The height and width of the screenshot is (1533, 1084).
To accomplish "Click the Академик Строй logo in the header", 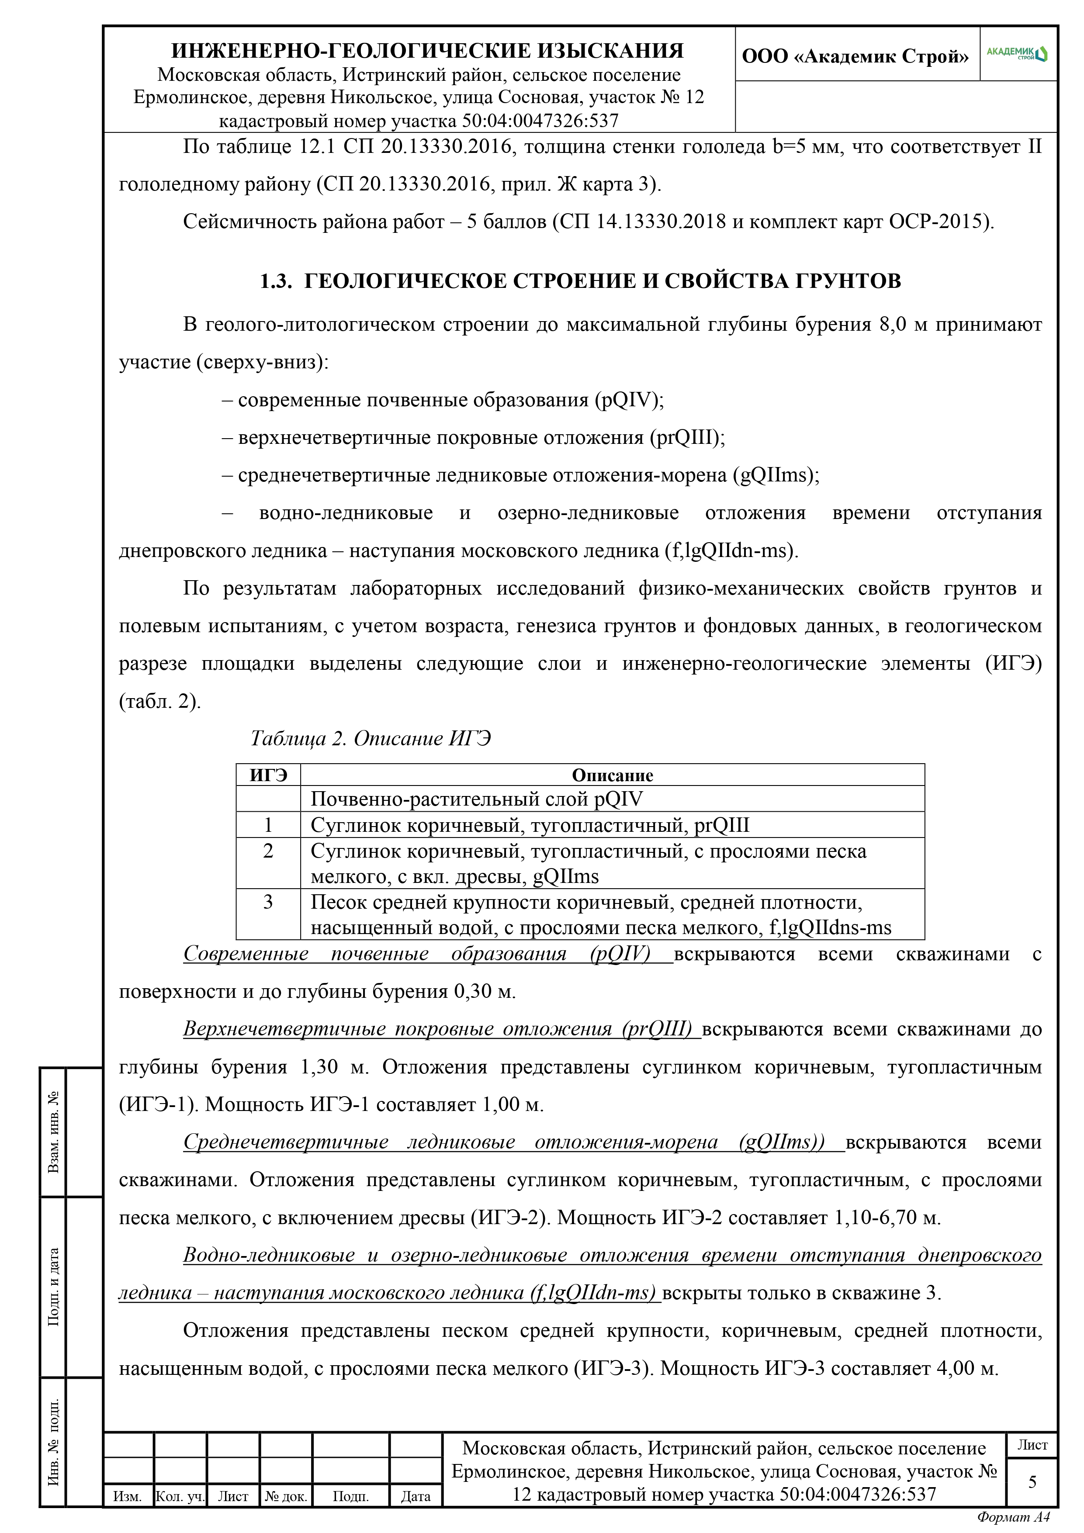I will (x=1017, y=53).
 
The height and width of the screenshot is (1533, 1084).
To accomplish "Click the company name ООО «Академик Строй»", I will (x=855, y=56).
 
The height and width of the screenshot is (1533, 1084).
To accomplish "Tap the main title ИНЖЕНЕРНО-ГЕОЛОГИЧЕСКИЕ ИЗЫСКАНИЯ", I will (x=427, y=51).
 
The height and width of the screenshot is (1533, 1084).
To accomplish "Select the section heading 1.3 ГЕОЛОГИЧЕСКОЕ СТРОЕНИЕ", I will (x=580, y=281).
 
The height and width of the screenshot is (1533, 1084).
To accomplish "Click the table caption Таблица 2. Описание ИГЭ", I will (x=371, y=738).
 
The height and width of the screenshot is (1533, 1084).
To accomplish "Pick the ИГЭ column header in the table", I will (x=269, y=775).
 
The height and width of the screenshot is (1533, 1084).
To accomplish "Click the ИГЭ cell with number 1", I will (x=269, y=825).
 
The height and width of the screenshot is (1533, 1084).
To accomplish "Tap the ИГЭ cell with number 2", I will (x=269, y=851).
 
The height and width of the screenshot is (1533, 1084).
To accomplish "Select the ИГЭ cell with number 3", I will (x=269, y=902).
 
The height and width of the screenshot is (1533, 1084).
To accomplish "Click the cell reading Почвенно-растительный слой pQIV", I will (x=477, y=799).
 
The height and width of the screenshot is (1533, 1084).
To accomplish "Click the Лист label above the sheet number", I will (x=1032, y=1445).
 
